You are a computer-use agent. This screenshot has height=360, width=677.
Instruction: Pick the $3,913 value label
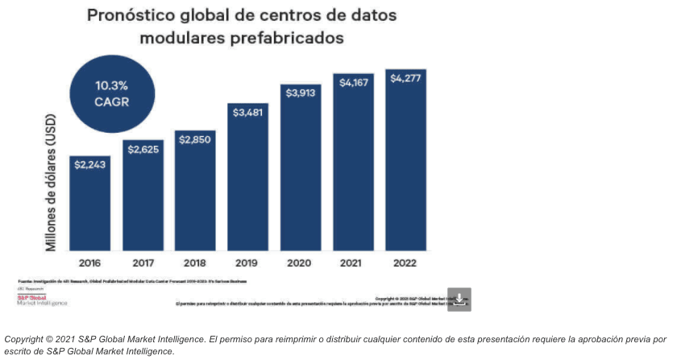(x=301, y=92)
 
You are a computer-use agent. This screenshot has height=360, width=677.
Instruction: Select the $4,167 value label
(x=353, y=82)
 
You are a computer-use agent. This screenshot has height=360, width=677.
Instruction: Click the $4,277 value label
(x=405, y=78)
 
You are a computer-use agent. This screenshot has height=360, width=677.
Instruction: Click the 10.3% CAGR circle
(x=112, y=93)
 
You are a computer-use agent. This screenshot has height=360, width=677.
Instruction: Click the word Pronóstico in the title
(x=135, y=15)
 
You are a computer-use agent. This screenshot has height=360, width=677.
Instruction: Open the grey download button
(x=459, y=299)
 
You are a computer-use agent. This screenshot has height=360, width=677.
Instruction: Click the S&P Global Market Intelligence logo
(x=42, y=300)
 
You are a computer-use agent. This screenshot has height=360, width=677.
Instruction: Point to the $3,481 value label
(x=247, y=113)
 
